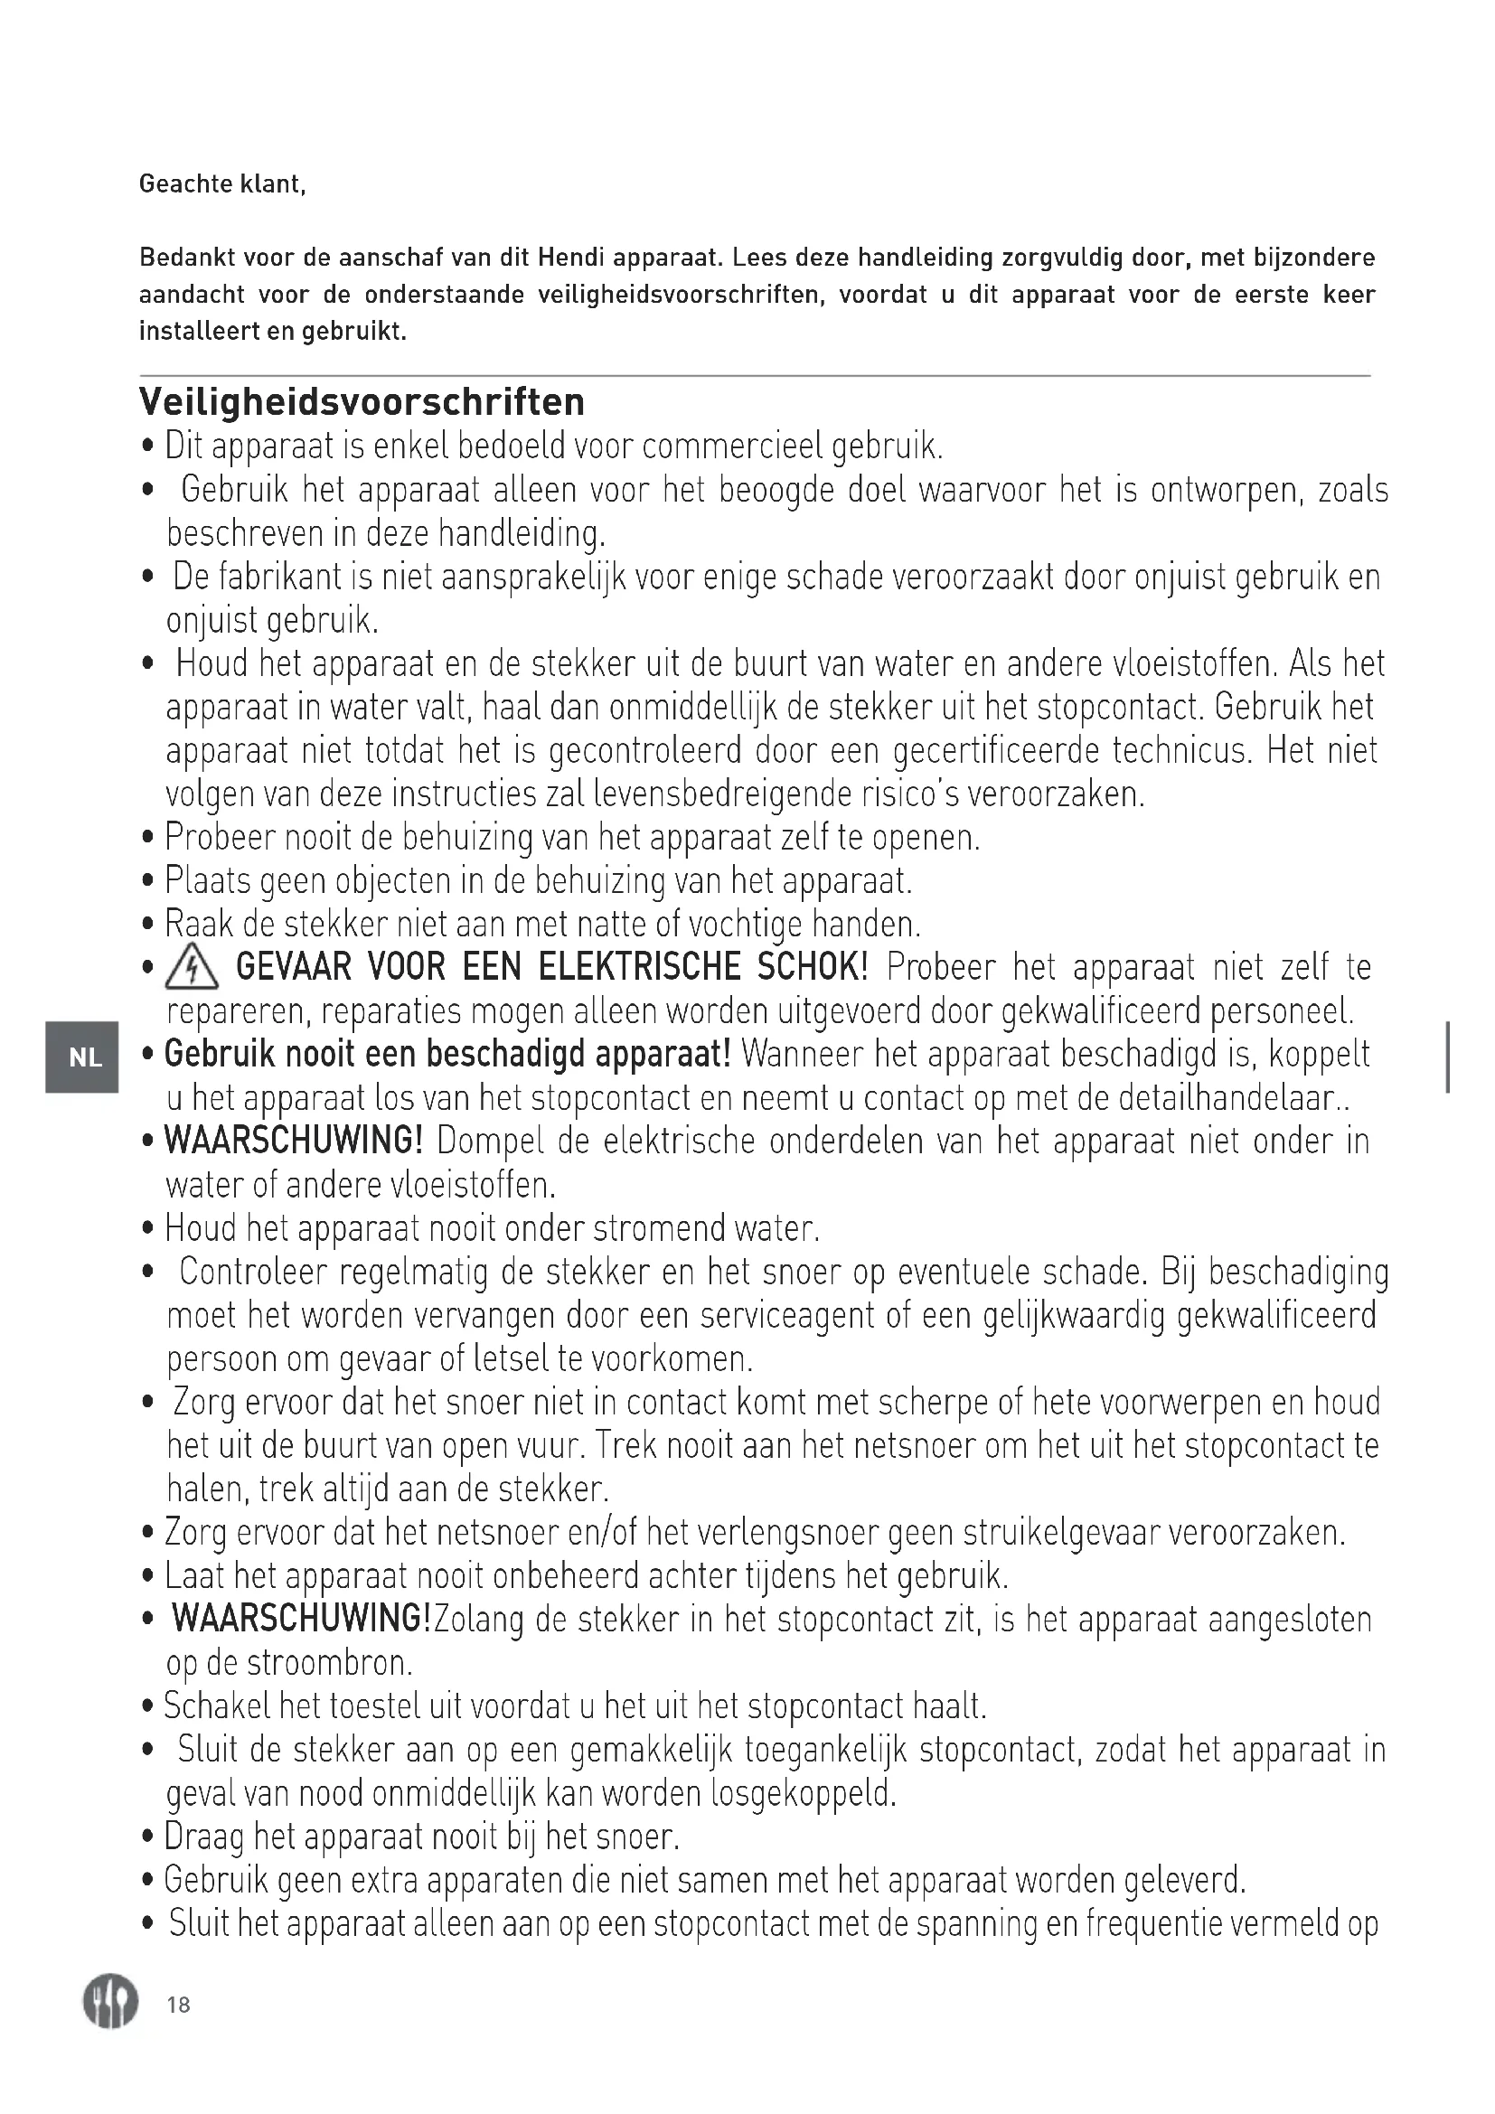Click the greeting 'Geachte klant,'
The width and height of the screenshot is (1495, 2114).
click(x=221, y=184)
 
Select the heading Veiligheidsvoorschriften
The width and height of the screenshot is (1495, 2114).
click(x=362, y=402)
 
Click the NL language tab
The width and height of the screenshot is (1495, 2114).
click(x=85, y=1057)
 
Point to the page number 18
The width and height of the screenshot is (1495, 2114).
click(x=179, y=2005)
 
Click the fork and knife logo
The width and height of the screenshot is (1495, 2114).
click(x=110, y=2002)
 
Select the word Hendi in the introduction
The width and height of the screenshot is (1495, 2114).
click(x=570, y=258)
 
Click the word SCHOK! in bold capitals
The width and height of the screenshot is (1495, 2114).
click(x=812, y=968)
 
